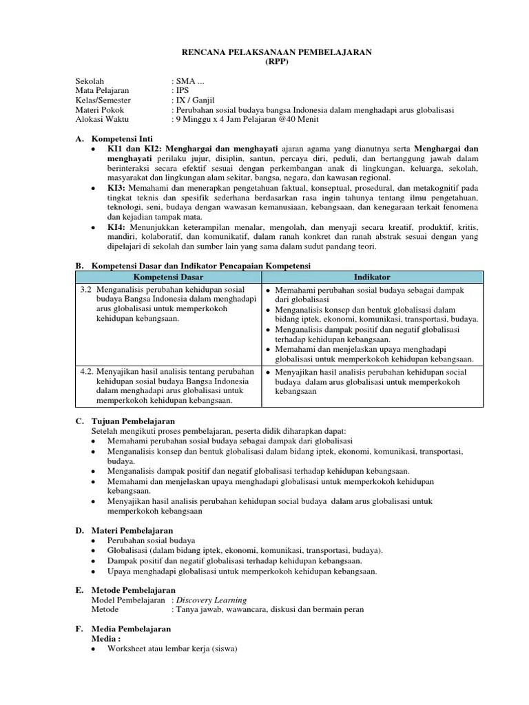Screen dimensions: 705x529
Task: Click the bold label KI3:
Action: click(x=116, y=188)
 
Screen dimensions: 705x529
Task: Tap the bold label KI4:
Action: click(x=116, y=227)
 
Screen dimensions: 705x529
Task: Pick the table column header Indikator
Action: click(x=372, y=277)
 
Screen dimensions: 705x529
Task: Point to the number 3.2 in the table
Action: click(x=87, y=290)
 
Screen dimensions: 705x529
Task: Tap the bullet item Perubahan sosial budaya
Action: click(x=152, y=541)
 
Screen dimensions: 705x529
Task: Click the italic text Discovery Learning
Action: click(x=211, y=600)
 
